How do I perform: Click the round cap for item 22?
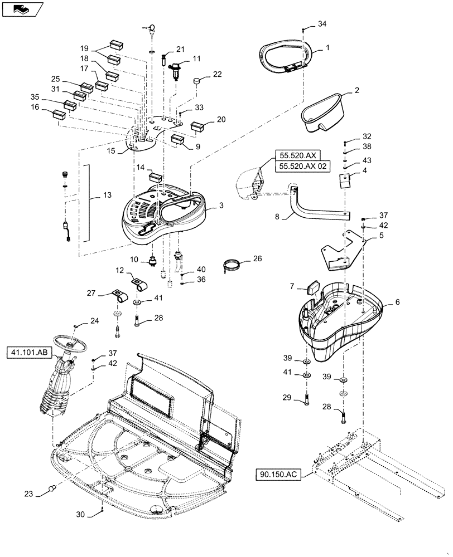pos(197,81)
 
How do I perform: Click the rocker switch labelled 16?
pos(59,115)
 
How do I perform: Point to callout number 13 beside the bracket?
pos(107,196)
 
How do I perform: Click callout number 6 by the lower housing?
pos(397,301)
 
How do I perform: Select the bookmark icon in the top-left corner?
pos(21,9)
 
